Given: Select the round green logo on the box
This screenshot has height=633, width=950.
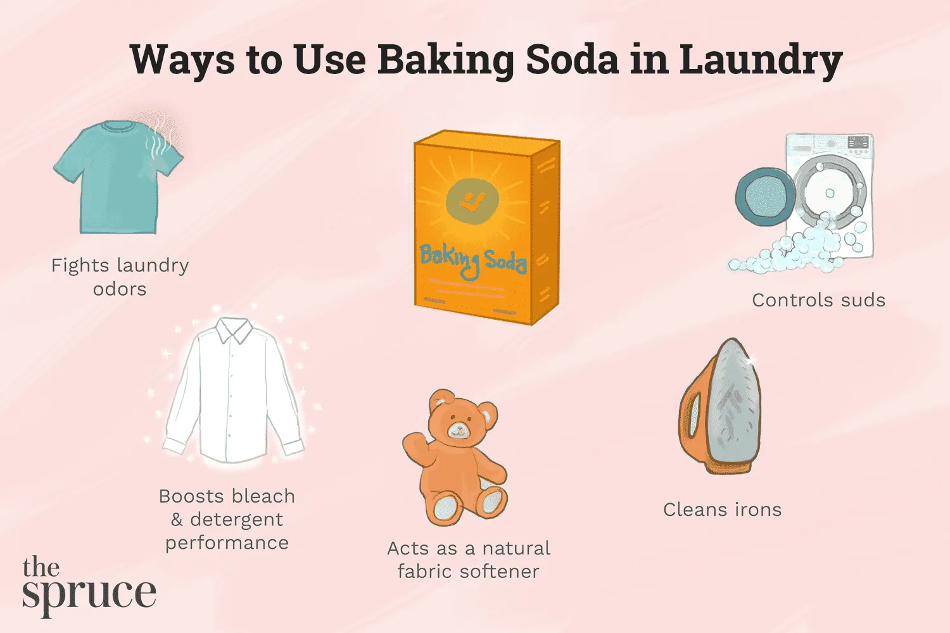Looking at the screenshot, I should coord(472,201).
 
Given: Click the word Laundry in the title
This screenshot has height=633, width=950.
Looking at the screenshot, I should coord(760,60).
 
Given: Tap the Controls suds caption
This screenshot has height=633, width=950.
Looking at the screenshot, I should coord(818,300).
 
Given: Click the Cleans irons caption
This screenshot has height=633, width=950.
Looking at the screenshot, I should coord(722,510).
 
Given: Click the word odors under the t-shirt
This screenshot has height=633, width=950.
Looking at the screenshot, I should coord(120,289).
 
